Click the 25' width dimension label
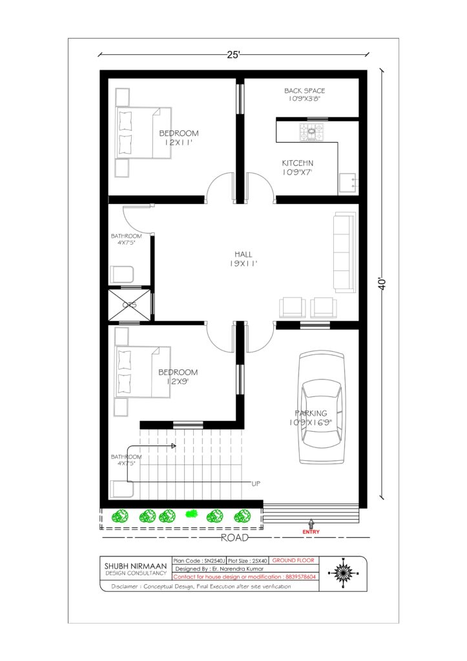coord(233,55)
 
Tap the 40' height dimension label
coord(382,284)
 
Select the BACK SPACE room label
coord(305,90)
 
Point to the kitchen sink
coord(348,183)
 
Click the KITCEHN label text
coord(298,163)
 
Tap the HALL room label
coord(244,254)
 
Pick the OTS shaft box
coord(130,305)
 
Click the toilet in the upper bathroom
coord(122,274)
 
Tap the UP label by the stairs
coord(256,484)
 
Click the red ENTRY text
coord(311,532)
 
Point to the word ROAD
coord(234,538)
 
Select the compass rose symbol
coord(342,573)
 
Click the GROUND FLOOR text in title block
coord(293,560)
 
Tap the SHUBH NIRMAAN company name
coord(136,566)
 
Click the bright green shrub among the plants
coord(192,514)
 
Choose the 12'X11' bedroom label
coord(179,143)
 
